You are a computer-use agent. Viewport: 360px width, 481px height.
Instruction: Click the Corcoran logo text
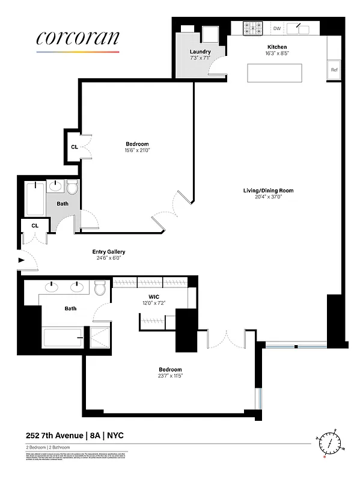pos(78,38)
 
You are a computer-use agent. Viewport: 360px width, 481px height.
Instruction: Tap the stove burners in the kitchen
pos(253,28)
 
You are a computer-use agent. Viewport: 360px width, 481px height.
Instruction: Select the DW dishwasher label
pos(277,28)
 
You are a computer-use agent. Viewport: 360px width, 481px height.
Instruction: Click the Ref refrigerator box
pos(334,70)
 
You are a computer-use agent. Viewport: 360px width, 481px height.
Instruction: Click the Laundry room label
pos(200,52)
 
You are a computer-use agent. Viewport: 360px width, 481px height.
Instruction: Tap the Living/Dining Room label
pos(268,191)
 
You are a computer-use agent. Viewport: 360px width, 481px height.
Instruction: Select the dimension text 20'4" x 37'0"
pos(268,197)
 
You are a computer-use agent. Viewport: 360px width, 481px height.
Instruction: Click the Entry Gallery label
pos(108,252)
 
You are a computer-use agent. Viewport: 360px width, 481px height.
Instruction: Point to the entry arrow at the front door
pos(22,260)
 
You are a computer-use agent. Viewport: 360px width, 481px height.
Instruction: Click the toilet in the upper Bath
pos(73,188)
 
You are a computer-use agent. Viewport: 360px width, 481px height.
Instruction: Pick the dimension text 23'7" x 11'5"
pos(170,376)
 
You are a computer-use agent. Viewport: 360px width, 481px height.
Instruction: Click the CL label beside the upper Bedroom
pos(74,146)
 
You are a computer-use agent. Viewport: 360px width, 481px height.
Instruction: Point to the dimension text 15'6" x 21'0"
pos(137,150)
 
